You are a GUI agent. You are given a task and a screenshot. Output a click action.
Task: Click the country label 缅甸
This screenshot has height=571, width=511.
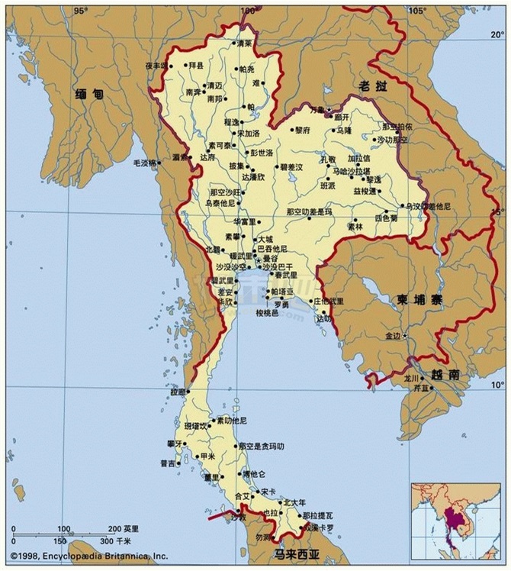coord(89,95)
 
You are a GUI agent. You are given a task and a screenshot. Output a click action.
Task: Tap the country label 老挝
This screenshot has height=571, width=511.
coord(373,85)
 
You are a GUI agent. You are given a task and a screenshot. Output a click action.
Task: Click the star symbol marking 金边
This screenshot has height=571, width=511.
coord(405,336)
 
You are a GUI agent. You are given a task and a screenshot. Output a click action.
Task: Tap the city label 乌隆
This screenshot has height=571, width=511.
coord(345,131)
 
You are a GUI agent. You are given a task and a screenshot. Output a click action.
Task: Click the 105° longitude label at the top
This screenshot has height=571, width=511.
coord(415,11)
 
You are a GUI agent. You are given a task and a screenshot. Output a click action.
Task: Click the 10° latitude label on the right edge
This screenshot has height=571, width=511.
coord(497,384)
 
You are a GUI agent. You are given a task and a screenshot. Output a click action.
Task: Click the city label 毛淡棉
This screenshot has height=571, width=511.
coord(145,163)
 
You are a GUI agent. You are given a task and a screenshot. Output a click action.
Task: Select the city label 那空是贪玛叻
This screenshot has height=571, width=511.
coord(261,446)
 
